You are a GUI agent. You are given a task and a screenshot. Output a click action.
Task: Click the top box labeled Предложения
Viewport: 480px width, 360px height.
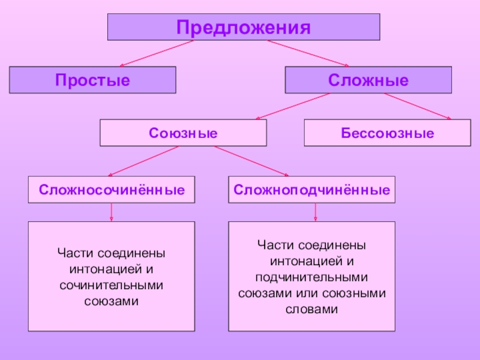coord(243,27)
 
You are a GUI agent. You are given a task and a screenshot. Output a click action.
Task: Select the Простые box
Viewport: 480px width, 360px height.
coord(92,80)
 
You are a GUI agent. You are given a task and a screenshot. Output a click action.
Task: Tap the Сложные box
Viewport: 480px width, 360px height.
coord(368,80)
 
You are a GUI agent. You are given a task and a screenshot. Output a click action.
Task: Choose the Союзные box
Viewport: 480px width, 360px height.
coord(183,133)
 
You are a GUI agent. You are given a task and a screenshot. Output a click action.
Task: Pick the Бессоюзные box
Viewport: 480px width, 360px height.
coord(387,133)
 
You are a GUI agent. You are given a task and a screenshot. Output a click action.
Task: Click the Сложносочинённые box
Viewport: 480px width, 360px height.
coord(112,190)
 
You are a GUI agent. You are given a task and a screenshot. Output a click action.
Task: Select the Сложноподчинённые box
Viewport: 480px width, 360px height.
coord(311,190)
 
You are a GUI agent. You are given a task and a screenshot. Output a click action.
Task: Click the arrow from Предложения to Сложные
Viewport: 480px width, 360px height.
coord(308,53)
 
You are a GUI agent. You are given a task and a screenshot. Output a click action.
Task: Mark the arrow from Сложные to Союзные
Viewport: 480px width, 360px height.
coord(295,106)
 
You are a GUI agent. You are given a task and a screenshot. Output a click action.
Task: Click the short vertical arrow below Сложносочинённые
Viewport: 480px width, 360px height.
coord(112,212)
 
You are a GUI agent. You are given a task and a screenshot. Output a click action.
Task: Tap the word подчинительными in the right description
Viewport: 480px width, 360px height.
coord(311,278)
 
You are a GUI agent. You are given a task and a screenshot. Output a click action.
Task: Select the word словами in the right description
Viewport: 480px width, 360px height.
coord(311,309)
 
